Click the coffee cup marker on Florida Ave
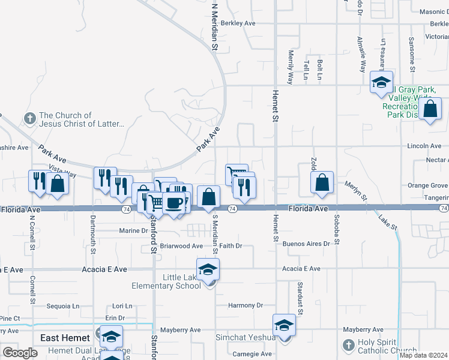coord(174,203)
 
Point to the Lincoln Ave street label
coord(424,146)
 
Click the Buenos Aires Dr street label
coord(306,244)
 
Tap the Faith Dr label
coord(231,246)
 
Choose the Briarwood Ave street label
coord(181,246)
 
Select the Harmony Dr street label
coord(246,305)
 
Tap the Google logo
coord(20,352)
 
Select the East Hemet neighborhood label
coord(65,338)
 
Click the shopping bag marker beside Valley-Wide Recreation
coord(430,110)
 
